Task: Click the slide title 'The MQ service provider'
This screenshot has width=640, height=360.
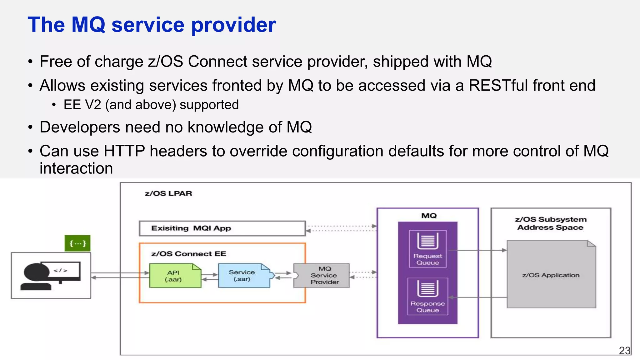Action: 152,25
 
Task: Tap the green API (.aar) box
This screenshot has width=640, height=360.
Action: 175,276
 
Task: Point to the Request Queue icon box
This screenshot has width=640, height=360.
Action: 428,249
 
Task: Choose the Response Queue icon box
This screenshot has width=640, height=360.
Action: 428,296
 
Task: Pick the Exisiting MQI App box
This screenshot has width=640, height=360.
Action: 222,228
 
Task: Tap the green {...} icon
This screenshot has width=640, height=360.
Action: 77,243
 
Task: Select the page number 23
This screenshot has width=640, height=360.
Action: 625,351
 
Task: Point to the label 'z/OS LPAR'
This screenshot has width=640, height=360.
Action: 168,193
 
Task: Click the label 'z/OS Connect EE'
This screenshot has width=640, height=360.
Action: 189,254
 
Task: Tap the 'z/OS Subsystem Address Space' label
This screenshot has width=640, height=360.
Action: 551,223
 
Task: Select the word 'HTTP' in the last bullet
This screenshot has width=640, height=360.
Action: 124,151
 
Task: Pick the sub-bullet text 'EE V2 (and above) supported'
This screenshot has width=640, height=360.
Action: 151,105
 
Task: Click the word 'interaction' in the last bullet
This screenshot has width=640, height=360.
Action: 76,168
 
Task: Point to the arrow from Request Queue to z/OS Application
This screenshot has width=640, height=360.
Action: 477,250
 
